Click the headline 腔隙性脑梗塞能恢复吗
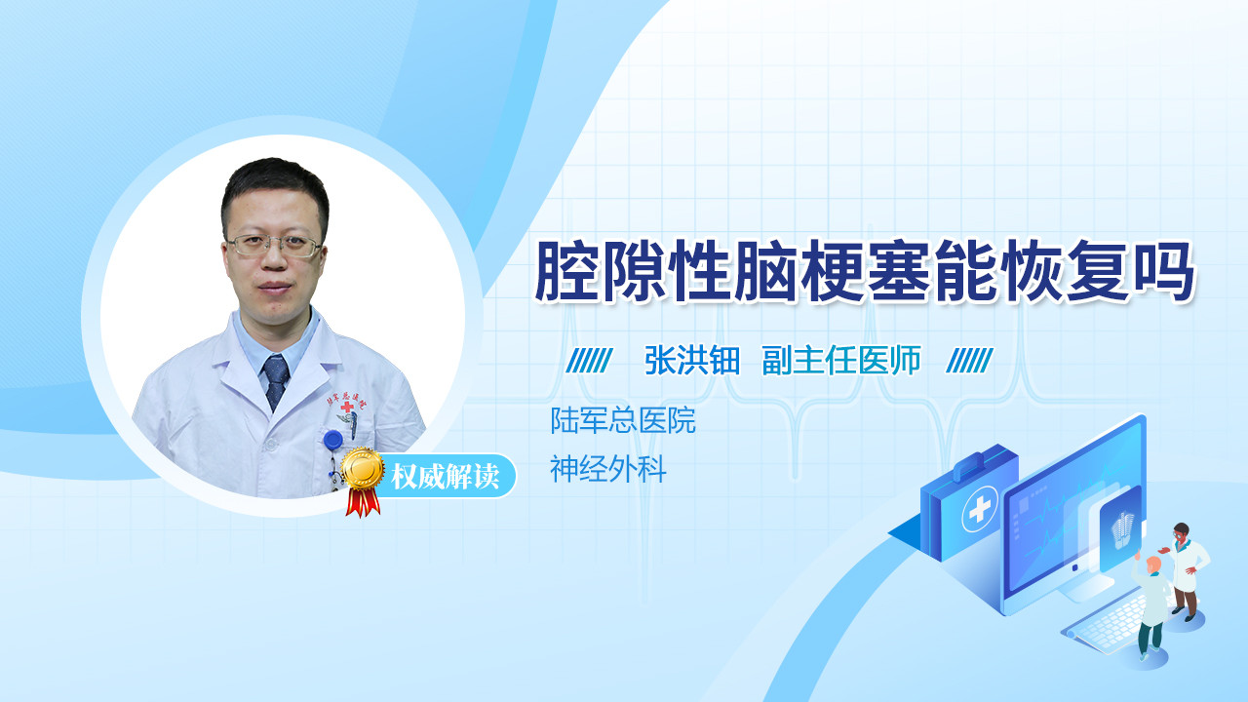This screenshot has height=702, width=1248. pyautogui.click(x=864, y=271)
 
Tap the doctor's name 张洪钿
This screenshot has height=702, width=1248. pyautogui.click(x=692, y=361)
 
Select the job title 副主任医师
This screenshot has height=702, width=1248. pyautogui.click(x=841, y=361)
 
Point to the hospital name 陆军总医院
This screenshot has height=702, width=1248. pyautogui.click(x=623, y=420)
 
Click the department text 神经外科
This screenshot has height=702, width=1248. pyautogui.click(x=607, y=469)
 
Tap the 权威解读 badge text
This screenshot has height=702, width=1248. pyautogui.click(x=445, y=477)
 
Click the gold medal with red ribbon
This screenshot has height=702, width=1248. pyautogui.click(x=363, y=481)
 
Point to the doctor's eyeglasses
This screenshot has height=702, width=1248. pyautogui.click(x=274, y=246)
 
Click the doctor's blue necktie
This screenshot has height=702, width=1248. pyautogui.click(x=276, y=381)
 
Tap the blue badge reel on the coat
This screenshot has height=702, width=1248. pyautogui.click(x=333, y=440)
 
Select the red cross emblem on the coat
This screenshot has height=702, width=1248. pyautogui.click(x=347, y=407)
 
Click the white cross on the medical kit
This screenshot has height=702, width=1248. pyautogui.click(x=980, y=509)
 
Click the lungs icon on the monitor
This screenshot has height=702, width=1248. pyautogui.click(x=1122, y=531)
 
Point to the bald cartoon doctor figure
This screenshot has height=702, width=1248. pyautogui.click(x=1151, y=606)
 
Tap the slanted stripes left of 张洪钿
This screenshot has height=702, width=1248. pyautogui.click(x=589, y=361)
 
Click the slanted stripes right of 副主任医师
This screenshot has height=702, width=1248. pyautogui.click(x=969, y=361)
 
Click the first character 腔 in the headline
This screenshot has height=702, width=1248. pyautogui.click(x=567, y=271)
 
